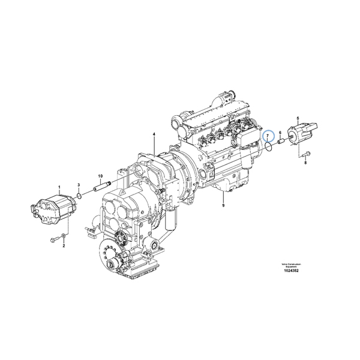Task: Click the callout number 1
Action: (59, 188)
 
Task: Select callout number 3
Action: (79, 185)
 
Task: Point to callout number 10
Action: (100, 175)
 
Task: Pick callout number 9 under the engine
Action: (223, 206)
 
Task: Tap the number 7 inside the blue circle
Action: (269, 137)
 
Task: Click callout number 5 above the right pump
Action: (298, 119)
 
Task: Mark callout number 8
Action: (305, 163)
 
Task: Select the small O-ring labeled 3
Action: (79, 195)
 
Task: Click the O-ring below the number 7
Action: (269, 146)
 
